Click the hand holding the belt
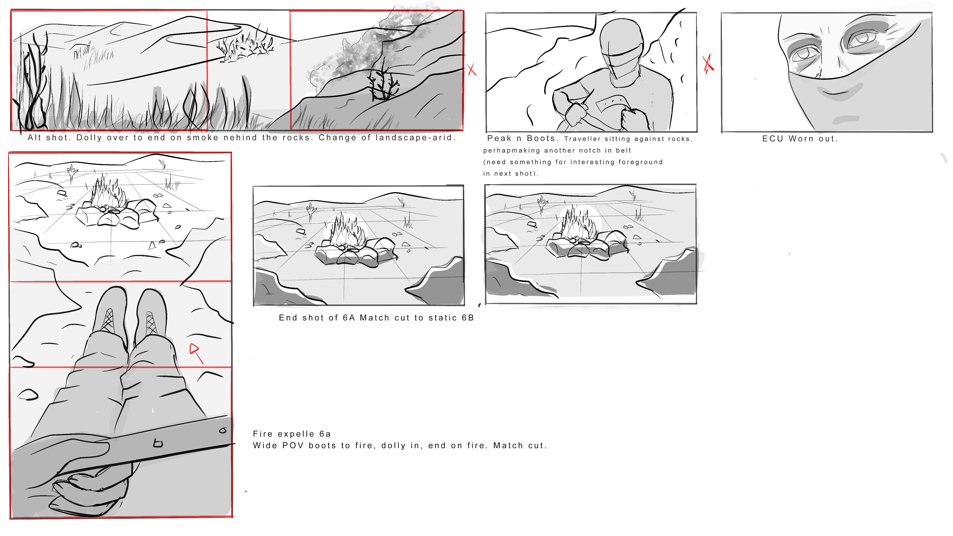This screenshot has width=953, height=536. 85,477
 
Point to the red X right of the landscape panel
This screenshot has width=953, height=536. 472,69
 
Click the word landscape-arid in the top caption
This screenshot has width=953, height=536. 414,138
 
